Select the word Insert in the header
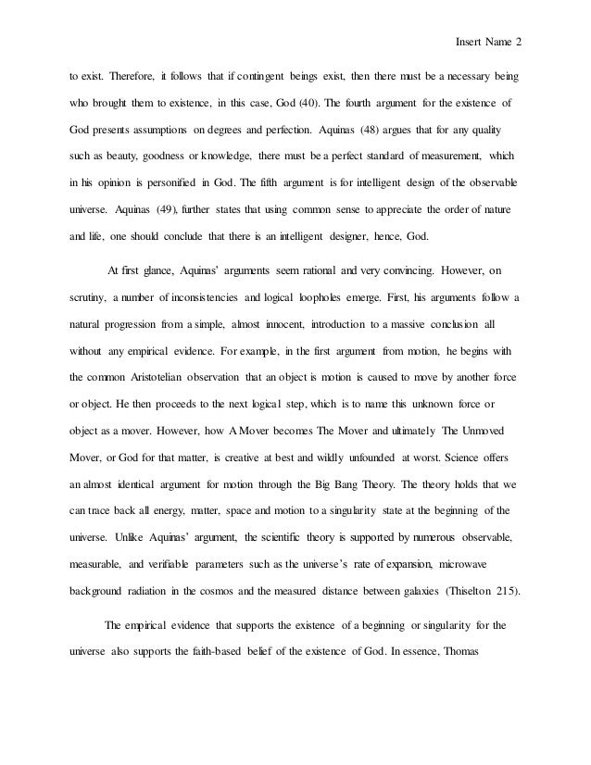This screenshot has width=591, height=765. pos(470,40)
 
